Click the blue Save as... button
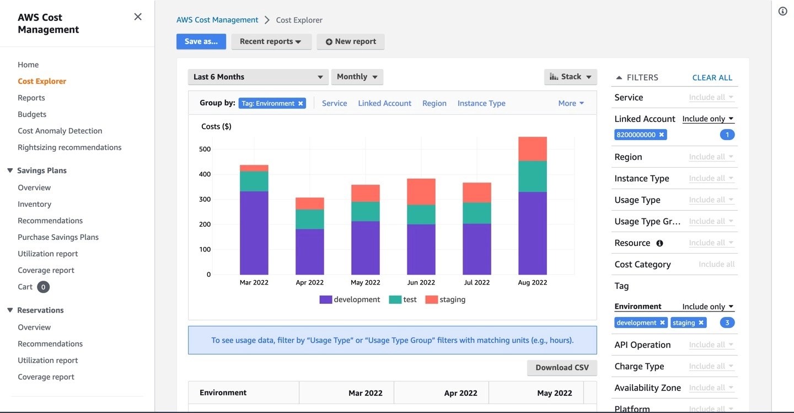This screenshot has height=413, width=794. click(201, 41)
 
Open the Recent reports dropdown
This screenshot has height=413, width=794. click(271, 41)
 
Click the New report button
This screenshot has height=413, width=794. click(351, 41)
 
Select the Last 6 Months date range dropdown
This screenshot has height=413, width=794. click(258, 77)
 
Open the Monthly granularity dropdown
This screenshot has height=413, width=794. click(357, 77)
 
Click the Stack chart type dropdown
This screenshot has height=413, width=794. click(570, 77)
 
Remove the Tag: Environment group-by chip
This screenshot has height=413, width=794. click(301, 103)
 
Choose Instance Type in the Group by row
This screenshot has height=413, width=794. click(481, 103)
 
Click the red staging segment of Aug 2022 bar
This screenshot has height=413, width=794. click(533, 149)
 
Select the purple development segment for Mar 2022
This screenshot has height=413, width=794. click(254, 233)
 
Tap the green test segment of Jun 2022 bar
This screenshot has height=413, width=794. click(421, 214)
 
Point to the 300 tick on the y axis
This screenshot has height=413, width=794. click(205, 199)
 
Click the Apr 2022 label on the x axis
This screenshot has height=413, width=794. click(309, 282)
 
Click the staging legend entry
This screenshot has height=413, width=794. click(446, 299)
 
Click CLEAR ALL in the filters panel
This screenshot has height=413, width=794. click(712, 78)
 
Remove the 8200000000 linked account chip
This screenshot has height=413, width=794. click(661, 135)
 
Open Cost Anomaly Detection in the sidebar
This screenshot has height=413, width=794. click(60, 131)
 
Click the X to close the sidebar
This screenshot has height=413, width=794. click(138, 17)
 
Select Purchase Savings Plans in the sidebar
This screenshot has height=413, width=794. click(58, 237)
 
